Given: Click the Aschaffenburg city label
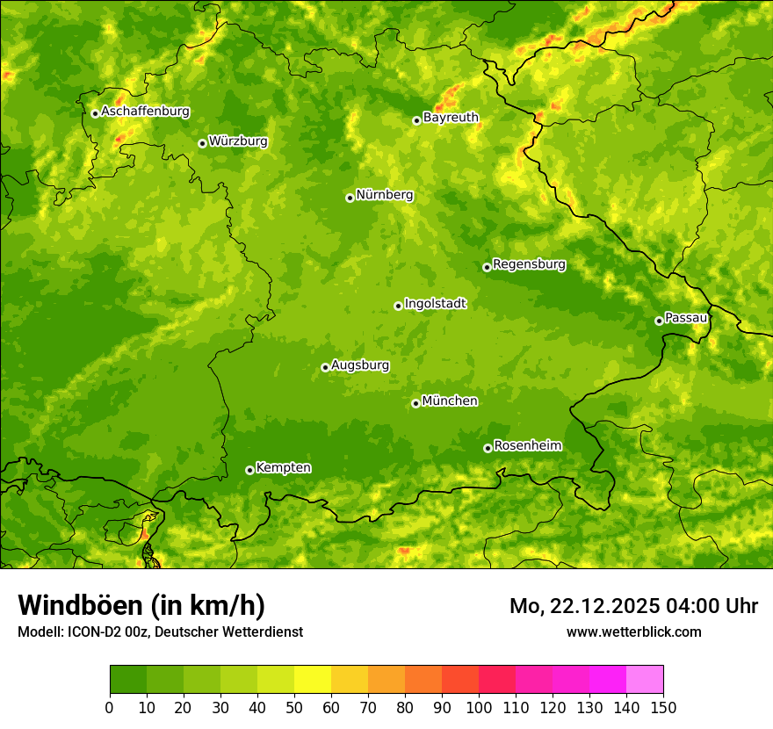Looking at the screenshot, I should (x=145, y=112).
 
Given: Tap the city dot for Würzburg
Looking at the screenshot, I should (x=202, y=143).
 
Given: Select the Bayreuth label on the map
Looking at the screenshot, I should (x=451, y=118).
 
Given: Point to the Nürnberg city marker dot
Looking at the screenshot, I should (x=350, y=198).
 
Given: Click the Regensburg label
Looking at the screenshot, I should (x=529, y=264).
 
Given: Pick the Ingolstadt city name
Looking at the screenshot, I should (x=435, y=304).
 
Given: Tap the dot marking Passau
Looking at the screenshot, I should (x=659, y=321).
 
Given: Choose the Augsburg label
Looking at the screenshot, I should (x=360, y=365).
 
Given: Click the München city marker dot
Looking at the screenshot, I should (x=415, y=403).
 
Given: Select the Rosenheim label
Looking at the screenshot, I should (x=527, y=446).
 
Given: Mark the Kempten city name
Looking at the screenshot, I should (x=283, y=468).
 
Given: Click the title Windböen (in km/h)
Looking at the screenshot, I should (x=141, y=605).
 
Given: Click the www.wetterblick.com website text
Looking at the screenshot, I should (x=633, y=632).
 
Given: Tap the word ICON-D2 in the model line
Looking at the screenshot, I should (x=90, y=632).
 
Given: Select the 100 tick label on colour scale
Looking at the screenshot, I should (x=479, y=707).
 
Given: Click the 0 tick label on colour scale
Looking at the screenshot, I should (x=110, y=707).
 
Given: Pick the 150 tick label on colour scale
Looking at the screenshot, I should (x=663, y=707).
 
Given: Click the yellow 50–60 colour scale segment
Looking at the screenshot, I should (x=313, y=680).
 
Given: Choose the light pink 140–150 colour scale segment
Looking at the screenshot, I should (x=645, y=680).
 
